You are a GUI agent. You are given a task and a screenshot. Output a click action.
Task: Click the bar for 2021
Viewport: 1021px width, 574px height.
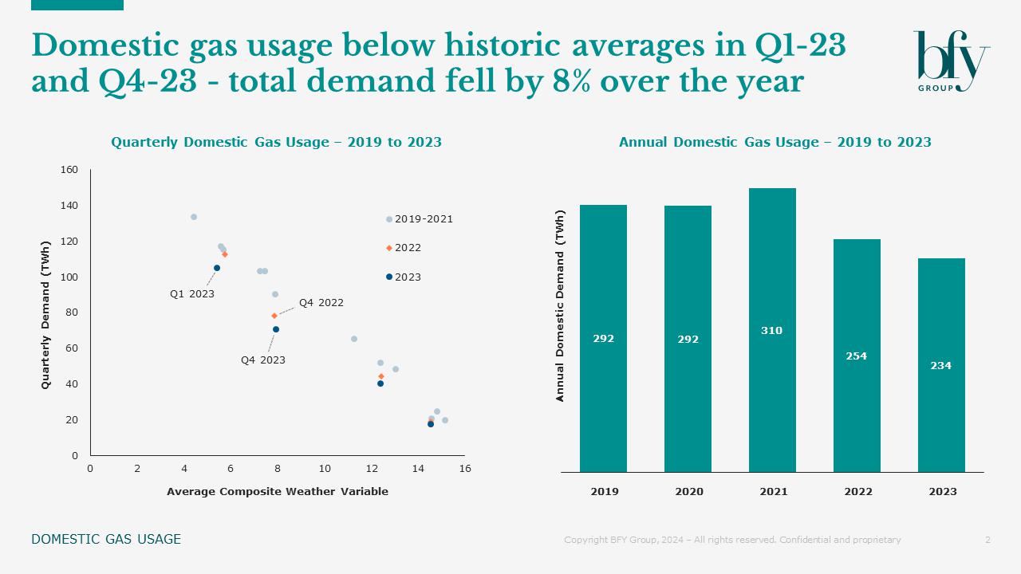pyautogui.click(x=772, y=330)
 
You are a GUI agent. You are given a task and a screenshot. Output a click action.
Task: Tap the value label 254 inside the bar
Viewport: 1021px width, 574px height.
pyautogui.click(x=856, y=356)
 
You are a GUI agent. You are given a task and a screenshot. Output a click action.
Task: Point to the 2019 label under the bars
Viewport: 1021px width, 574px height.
pyautogui.click(x=604, y=492)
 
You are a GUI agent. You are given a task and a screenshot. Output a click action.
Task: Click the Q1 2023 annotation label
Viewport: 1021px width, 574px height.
pyautogui.click(x=192, y=294)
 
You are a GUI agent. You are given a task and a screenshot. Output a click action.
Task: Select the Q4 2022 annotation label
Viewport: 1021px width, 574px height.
pyautogui.click(x=321, y=303)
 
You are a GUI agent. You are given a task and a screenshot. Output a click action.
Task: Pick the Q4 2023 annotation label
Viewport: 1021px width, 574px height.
pyautogui.click(x=263, y=360)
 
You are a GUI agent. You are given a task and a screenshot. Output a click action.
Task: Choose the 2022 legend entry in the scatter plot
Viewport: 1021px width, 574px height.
pyautogui.click(x=407, y=248)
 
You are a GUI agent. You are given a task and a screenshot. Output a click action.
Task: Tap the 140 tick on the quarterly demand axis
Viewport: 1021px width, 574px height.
pyautogui.click(x=69, y=206)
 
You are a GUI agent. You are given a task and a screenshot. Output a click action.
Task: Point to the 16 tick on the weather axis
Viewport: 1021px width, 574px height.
pyautogui.click(x=465, y=469)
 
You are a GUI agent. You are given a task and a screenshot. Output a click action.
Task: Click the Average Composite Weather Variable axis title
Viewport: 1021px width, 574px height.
pyautogui.click(x=278, y=492)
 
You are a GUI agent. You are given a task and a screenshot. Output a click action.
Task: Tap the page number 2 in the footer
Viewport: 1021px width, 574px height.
pyautogui.click(x=987, y=540)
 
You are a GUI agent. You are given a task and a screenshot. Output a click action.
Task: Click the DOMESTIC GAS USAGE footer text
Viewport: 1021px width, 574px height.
pyautogui.click(x=106, y=540)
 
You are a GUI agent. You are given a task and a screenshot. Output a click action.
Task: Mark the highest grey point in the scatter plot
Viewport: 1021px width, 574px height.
pyautogui.click(x=194, y=217)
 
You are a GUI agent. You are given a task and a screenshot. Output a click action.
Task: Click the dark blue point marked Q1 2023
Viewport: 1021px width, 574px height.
pyautogui.click(x=217, y=268)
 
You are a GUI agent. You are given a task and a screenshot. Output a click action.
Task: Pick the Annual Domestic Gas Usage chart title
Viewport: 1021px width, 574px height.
pyautogui.click(x=775, y=143)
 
